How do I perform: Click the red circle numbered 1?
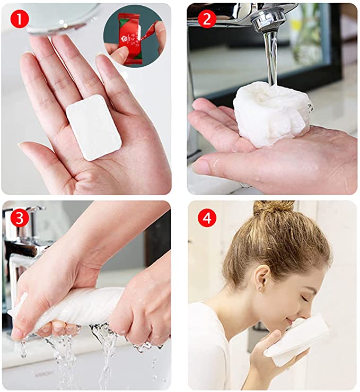19,19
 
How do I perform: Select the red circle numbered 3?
20,218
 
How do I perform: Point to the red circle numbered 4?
207,217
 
